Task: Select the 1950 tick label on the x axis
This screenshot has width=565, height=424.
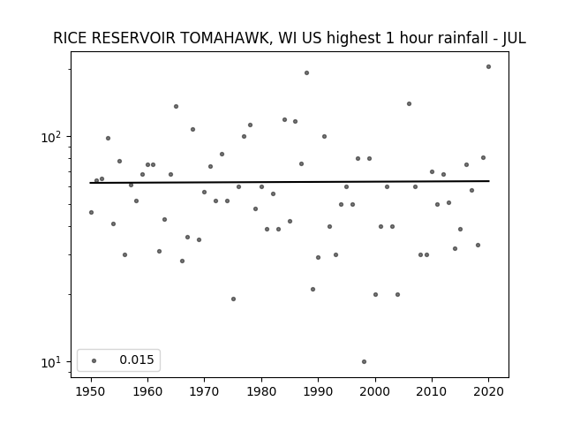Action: point(91,391)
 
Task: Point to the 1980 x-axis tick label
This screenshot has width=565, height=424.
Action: point(261,391)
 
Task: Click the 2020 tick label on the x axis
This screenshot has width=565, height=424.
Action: point(488,391)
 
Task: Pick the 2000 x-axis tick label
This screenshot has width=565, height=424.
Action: point(375,391)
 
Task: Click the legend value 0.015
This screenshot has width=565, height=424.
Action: point(137,360)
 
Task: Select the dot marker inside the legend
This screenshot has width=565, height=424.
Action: point(94,360)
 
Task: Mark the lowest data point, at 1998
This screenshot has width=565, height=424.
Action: point(364,361)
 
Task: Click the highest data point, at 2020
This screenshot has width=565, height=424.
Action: point(488,67)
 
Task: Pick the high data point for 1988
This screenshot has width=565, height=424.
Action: point(306,72)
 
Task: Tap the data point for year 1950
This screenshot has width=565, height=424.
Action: point(91,212)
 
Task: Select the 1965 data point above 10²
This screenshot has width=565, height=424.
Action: point(177,106)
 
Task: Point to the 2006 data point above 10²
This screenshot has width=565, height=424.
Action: point(409,104)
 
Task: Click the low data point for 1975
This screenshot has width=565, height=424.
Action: point(233,299)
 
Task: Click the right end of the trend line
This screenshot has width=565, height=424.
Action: point(489,180)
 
